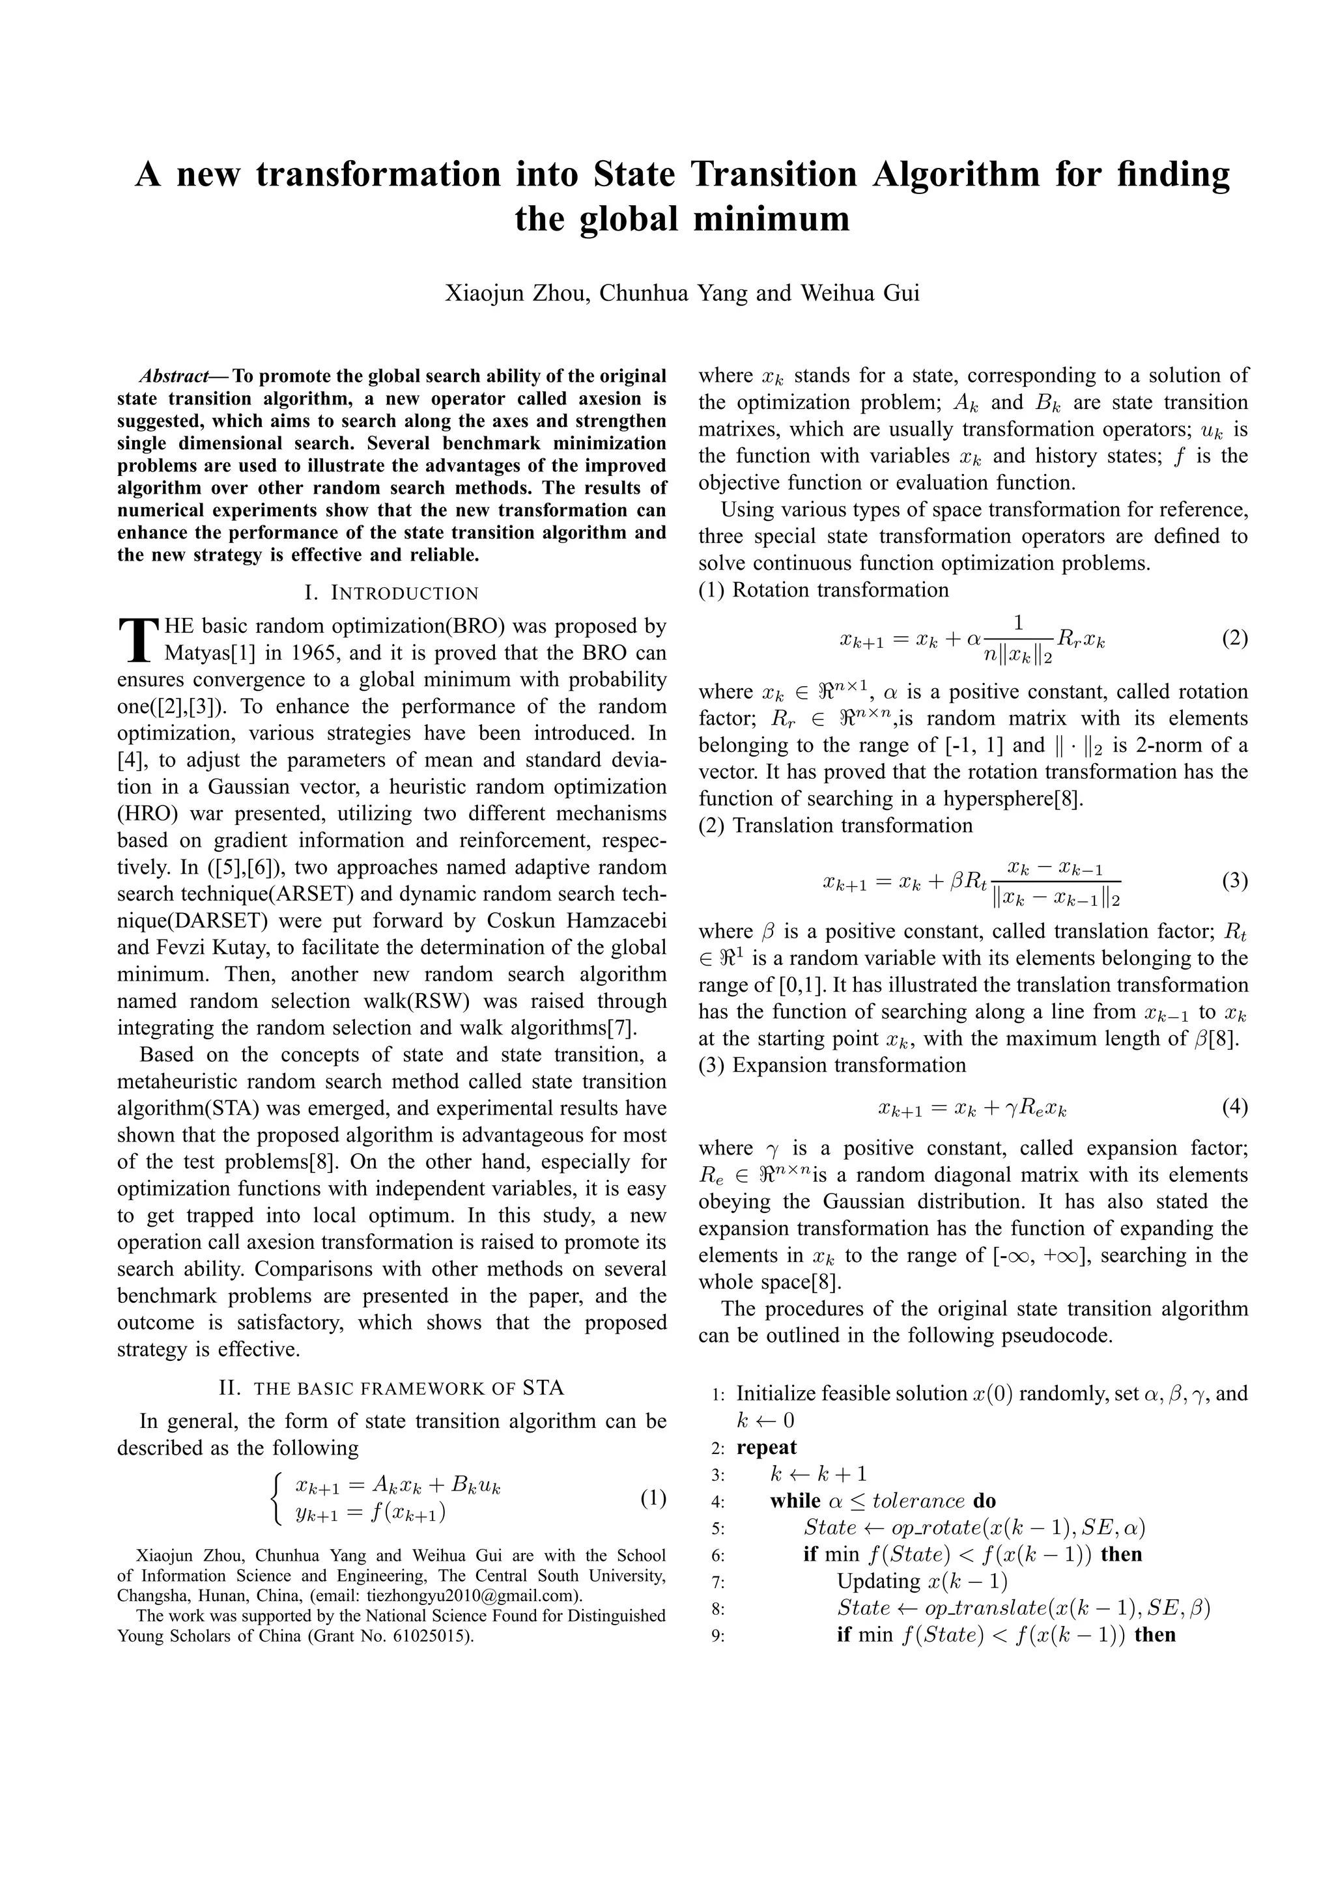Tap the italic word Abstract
(173, 376)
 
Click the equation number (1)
(653, 1498)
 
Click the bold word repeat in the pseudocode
(766, 1447)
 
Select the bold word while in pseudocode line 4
(795, 1501)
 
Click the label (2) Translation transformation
(835, 825)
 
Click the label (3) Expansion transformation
(832, 1066)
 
